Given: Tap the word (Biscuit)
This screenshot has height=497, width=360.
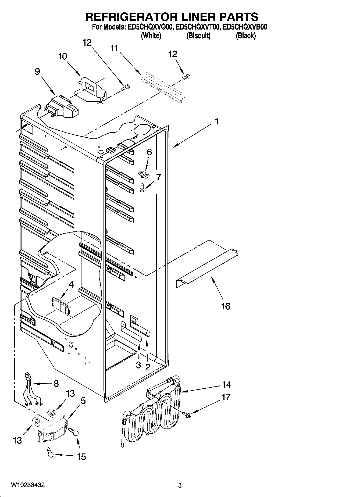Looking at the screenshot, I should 198,35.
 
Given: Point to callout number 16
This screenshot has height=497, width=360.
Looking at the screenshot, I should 226,306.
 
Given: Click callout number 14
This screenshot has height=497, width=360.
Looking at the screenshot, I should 227,385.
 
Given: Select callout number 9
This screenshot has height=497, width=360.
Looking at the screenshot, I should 37,71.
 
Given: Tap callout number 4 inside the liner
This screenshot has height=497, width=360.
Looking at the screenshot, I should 71,284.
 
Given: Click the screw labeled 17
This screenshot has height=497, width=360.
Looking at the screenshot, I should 186,415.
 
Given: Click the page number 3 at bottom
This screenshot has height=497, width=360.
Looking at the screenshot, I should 180,485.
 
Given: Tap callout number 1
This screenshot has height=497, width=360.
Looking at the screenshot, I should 217,121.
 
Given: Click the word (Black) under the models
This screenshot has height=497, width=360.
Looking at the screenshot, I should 245,35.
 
